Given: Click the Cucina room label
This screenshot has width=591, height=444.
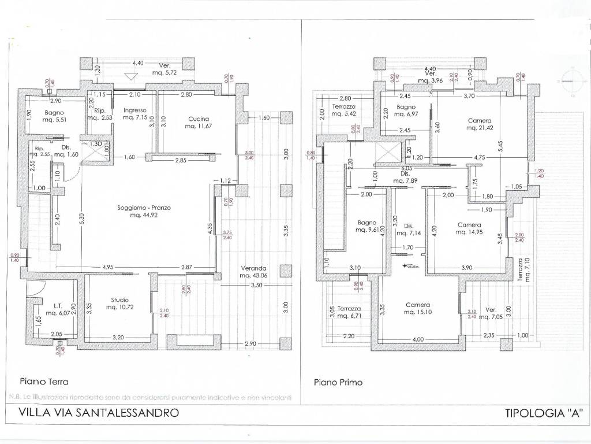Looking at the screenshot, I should pyautogui.click(x=198, y=122).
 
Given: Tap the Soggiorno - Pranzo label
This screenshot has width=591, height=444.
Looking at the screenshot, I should pyautogui.click(x=143, y=211).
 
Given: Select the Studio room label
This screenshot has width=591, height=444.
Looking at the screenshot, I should pyautogui.click(x=120, y=304).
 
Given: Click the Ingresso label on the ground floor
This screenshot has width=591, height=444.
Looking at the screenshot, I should pyautogui.click(x=134, y=114).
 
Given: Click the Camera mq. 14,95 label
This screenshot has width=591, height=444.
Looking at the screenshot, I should pyautogui.click(x=469, y=228).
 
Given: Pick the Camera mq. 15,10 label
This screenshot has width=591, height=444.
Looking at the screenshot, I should pyautogui.click(x=418, y=309).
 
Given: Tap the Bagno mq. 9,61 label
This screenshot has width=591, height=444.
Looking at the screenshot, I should pyautogui.click(x=367, y=225).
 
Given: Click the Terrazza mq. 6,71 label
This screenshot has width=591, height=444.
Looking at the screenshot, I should pyautogui.click(x=350, y=312).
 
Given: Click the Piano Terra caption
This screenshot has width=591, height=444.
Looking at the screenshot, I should pyautogui.click(x=44, y=382).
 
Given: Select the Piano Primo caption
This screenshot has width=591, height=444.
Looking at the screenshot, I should pyautogui.click(x=338, y=382).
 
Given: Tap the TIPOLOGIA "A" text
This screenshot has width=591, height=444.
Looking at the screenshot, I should pyautogui.click(x=544, y=413).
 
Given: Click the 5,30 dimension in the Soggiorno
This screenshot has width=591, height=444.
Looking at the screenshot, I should pyautogui.click(x=82, y=217).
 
